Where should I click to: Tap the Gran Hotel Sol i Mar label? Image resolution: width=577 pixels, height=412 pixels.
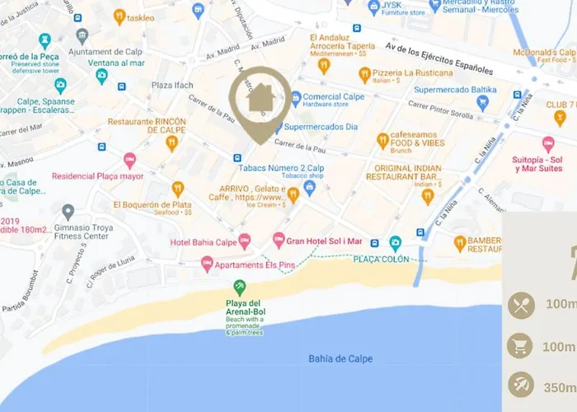pyautogui.click(x=324, y=241)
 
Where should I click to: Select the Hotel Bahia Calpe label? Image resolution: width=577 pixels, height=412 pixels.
pyautogui.click(x=203, y=241)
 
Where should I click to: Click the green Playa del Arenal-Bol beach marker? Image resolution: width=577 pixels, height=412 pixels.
pyautogui.click(x=239, y=288)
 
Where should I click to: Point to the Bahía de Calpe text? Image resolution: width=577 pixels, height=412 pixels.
pyautogui.click(x=340, y=358)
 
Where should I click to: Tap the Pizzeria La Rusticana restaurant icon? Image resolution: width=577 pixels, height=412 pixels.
pyautogui.click(x=364, y=76)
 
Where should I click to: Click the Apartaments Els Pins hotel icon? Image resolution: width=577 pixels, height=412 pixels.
pyautogui.click(x=206, y=264)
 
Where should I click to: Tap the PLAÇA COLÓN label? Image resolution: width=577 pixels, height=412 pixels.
pyautogui.click(x=381, y=260)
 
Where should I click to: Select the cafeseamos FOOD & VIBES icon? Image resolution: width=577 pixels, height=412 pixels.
pyautogui.click(x=382, y=141)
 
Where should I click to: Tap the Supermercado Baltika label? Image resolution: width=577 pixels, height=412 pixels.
pyautogui.click(x=450, y=89)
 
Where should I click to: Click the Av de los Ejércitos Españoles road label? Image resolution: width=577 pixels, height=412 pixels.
pyautogui.click(x=439, y=59)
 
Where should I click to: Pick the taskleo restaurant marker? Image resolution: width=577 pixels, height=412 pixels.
pyautogui.click(x=119, y=16)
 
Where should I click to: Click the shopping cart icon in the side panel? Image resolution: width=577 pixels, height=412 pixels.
pyautogui.click(x=521, y=346)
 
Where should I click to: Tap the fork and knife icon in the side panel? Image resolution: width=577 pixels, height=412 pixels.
pyautogui.click(x=521, y=305)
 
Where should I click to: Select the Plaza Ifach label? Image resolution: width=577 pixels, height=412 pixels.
pyautogui.click(x=171, y=85)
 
